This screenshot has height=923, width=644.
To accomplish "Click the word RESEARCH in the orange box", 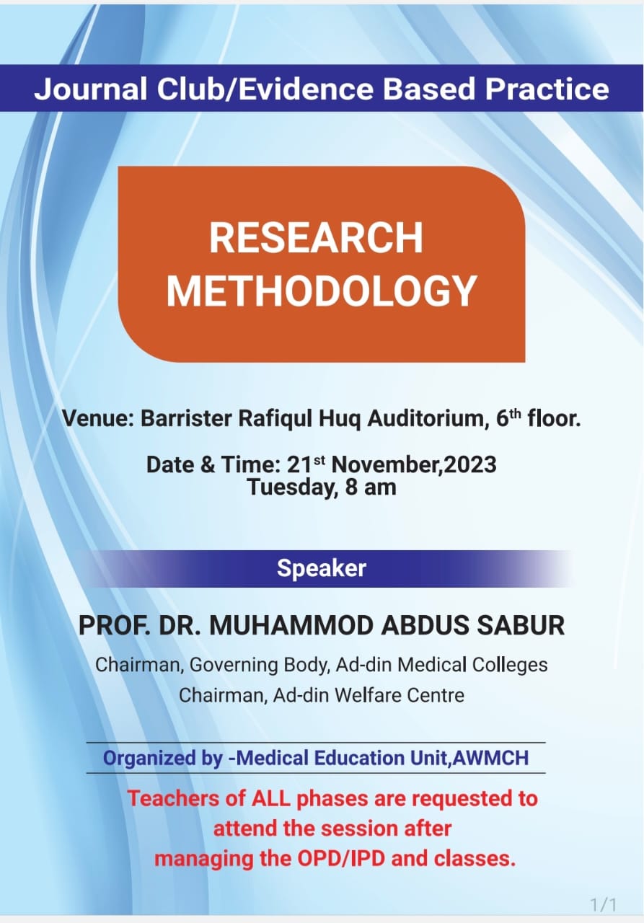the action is [316, 238].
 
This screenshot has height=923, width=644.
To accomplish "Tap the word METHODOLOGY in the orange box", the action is [322, 291].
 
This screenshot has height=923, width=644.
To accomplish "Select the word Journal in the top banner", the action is [90, 89].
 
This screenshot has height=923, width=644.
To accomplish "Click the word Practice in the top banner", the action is [547, 89].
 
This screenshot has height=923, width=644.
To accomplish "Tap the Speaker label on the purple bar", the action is [322, 569].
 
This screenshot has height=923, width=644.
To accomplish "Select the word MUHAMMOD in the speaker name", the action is [292, 625].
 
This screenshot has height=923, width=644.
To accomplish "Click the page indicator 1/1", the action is [604, 905].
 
